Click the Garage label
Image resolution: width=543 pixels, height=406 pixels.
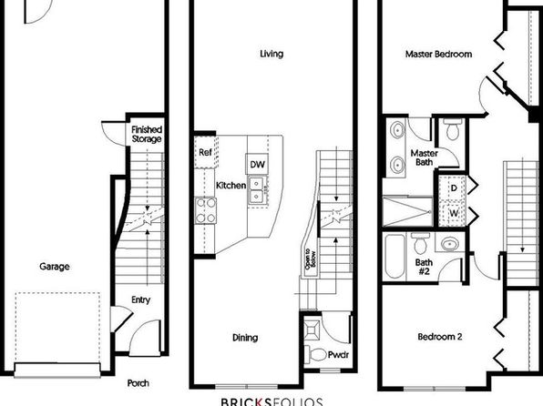pyautogui.click(x=55, y=267)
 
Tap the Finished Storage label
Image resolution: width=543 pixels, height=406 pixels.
pyautogui.click(x=147, y=135)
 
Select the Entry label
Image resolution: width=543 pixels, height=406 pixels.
pyautogui.click(x=140, y=299)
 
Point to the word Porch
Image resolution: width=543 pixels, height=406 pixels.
pyautogui.click(x=138, y=383)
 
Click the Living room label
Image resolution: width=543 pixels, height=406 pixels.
pyautogui.click(x=271, y=54)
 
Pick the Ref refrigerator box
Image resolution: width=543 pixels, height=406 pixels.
pyautogui.click(x=206, y=152)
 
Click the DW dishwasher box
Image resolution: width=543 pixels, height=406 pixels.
pyautogui.click(x=257, y=164)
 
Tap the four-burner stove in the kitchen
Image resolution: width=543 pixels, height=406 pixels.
pyautogui.click(x=205, y=210)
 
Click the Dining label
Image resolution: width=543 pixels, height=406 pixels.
pyautogui.click(x=245, y=338)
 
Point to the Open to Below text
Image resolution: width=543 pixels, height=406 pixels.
pyautogui.click(x=310, y=259)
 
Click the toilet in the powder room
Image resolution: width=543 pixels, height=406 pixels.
pyautogui.click(x=315, y=354)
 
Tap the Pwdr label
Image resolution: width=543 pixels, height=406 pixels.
pyautogui.click(x=338, y=355)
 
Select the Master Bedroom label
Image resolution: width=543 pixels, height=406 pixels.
pyautogui.click(x=438, y=54)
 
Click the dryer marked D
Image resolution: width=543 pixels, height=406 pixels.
pyautogui.click(x=453, y=188)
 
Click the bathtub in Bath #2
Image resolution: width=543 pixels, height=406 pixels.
pyautogui.click(x=394, y=257)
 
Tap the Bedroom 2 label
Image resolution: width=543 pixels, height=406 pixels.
pyautogui.click(x=440, y=337)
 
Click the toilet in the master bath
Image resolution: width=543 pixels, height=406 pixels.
pyautogui.click(x=453, y=129)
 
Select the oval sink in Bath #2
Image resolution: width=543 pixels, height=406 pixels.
pyautogui.click(x=450, y=244)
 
